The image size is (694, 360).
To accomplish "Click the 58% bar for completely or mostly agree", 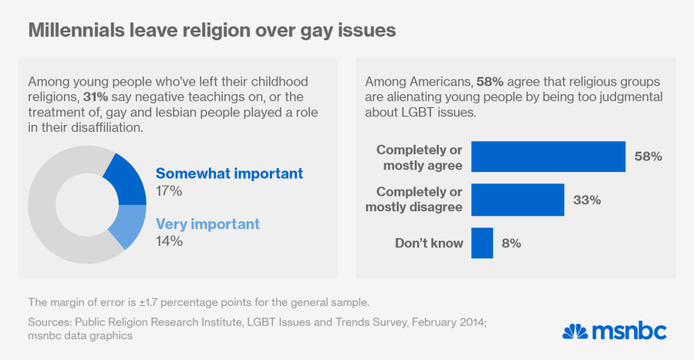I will coord(547,156).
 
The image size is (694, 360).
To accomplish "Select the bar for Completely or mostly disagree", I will coord(517,200).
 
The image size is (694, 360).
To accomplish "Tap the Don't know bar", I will coord(482,243).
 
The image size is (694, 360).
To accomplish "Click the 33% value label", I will coord(587,200).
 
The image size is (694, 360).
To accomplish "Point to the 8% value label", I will coord(510,244).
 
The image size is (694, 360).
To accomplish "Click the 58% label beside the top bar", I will coord(649,156).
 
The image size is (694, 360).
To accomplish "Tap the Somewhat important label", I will coord(229,173).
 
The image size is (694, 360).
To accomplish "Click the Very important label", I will coord(207,224).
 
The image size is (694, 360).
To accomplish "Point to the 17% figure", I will coord(169,190).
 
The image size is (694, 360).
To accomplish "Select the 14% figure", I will coord(169,241).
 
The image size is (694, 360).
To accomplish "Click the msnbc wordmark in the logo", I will coord(630,332).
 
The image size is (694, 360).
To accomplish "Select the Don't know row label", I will coord(429,244).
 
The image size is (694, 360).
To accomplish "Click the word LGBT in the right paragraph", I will coord(417,112).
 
